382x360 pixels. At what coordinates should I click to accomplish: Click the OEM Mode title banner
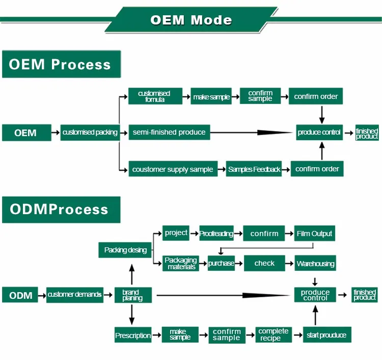coord(191,20)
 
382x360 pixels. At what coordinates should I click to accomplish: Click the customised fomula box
coord(155,96)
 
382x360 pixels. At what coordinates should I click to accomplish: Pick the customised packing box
coord(90,133)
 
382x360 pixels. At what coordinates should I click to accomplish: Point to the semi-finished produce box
coord(169,133)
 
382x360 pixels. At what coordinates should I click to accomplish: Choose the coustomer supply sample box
coord(173,169)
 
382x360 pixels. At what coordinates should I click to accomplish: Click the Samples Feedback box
coord(254,169)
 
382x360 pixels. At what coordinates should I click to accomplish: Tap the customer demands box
coord(74,295)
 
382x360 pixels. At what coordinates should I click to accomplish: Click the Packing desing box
coord(125,250)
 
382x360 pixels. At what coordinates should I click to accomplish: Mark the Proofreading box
coord(216,234)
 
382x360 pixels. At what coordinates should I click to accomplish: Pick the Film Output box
coord(315,234)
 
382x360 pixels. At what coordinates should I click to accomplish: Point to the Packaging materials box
coord(181,264)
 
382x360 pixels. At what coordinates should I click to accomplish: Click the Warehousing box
coord(315,264)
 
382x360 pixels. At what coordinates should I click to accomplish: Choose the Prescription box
coord(133,336)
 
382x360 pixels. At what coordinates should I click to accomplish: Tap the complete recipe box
coord(274,335)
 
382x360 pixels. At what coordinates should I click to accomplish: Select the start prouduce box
coord(326,335)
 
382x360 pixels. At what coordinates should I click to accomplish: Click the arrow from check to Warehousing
coord(289,264)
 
